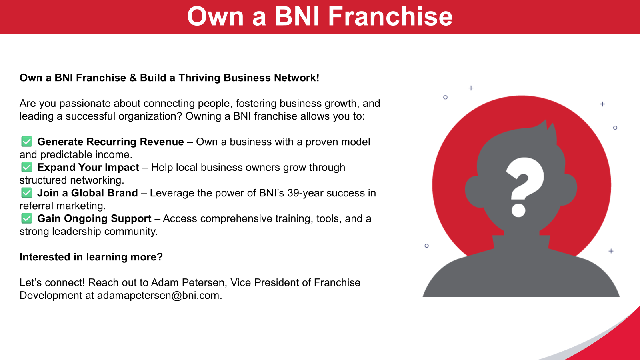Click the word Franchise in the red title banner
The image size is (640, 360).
[390, 16]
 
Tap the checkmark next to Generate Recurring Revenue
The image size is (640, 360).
[26, 142]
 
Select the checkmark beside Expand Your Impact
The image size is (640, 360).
[26, 167]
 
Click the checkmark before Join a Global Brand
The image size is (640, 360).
[26, 193]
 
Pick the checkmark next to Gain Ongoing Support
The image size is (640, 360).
[26, 218]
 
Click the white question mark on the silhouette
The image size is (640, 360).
[525, 187]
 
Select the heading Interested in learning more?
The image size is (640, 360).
[91, 257]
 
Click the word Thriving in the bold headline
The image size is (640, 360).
[200, 78]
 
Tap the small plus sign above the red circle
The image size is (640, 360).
[471, 88]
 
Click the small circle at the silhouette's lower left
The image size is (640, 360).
[426, 246]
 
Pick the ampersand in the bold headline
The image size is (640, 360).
[133, 78]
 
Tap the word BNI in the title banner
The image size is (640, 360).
[297, 16]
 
